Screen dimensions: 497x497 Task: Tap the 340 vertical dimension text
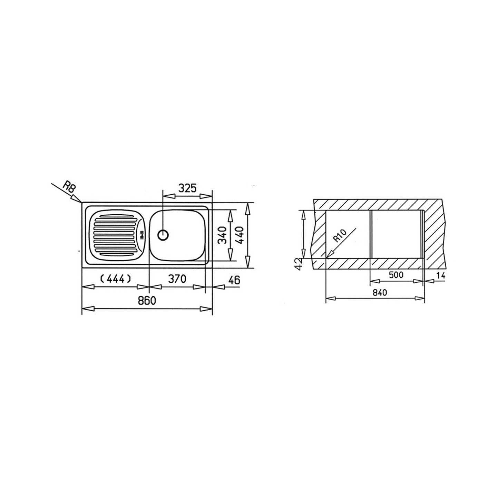(222, 235)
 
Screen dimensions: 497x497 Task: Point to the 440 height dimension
(240, 235)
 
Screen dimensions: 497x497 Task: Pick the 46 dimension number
(234, 280)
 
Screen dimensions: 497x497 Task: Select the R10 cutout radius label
(340, 236)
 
